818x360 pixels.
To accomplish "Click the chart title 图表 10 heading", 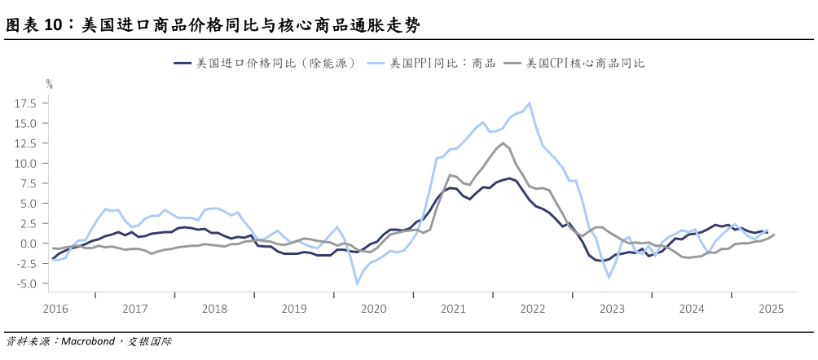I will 213,25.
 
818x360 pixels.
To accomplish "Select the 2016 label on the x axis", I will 55,309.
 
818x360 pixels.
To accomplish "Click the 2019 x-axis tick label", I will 293,309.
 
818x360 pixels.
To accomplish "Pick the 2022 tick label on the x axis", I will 532,309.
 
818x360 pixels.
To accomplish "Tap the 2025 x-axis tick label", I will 771,309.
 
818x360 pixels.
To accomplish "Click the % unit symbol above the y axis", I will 49,83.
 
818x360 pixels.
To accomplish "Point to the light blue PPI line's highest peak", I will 530,103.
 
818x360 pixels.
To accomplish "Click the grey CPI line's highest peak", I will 503,143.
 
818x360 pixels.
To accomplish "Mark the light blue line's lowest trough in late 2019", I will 356,283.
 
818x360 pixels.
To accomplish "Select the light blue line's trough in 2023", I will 609,277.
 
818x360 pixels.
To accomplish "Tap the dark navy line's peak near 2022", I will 509,178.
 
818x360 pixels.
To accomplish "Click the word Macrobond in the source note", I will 90,341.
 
